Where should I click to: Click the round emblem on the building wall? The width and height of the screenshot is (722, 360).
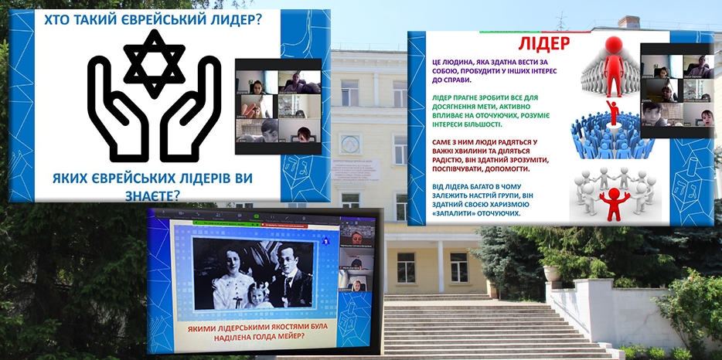click(x=351, y=144)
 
